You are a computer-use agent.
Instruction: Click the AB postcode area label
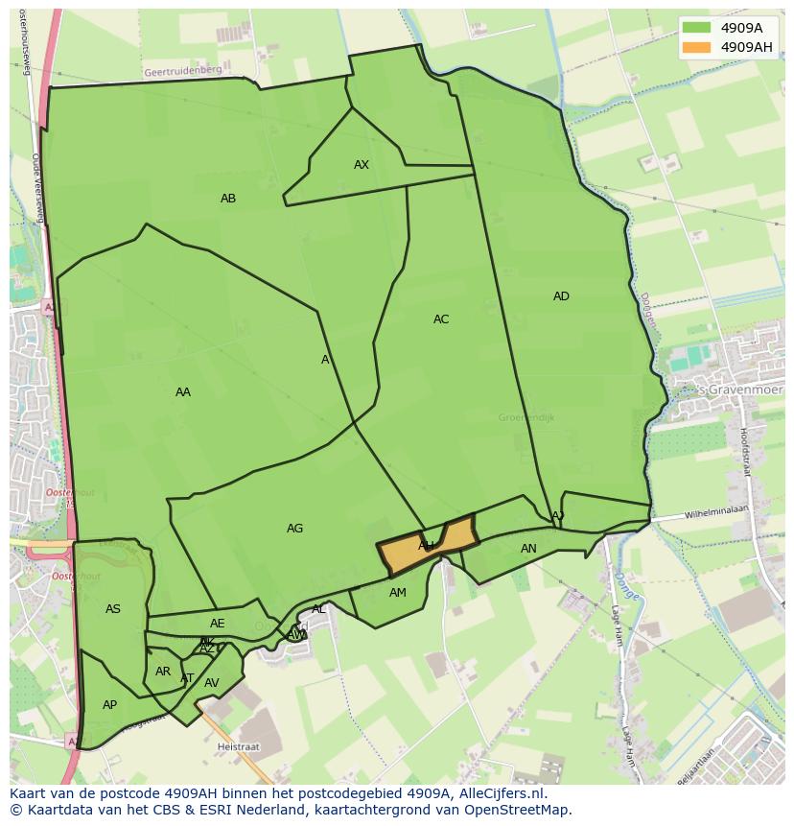click(x=228, y=199)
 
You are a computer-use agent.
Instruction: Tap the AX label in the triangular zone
click(x=362, y=165)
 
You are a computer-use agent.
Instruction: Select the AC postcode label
click(x=441, y=319)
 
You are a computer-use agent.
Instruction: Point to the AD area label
click(x=561, y=296)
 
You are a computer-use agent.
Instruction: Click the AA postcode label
click(x=183, y=392)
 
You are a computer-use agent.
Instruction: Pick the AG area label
click(x=294, y=529)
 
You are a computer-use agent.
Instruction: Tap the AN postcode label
click(x=528, y=549)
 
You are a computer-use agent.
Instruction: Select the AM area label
click(x=398, y=593)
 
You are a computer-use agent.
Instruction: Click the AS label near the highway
click(x=113, y=609)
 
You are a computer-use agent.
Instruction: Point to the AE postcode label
click(x=218, y=624)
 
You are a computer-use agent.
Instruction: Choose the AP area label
click(x=110, y=705)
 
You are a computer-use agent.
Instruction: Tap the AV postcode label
click(x=212, y=683)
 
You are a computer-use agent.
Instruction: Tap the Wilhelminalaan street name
click(x=714, y=513)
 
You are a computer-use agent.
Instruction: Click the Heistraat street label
click(x=238, y=745)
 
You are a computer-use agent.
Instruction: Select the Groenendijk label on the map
click(x=526, y=417)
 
